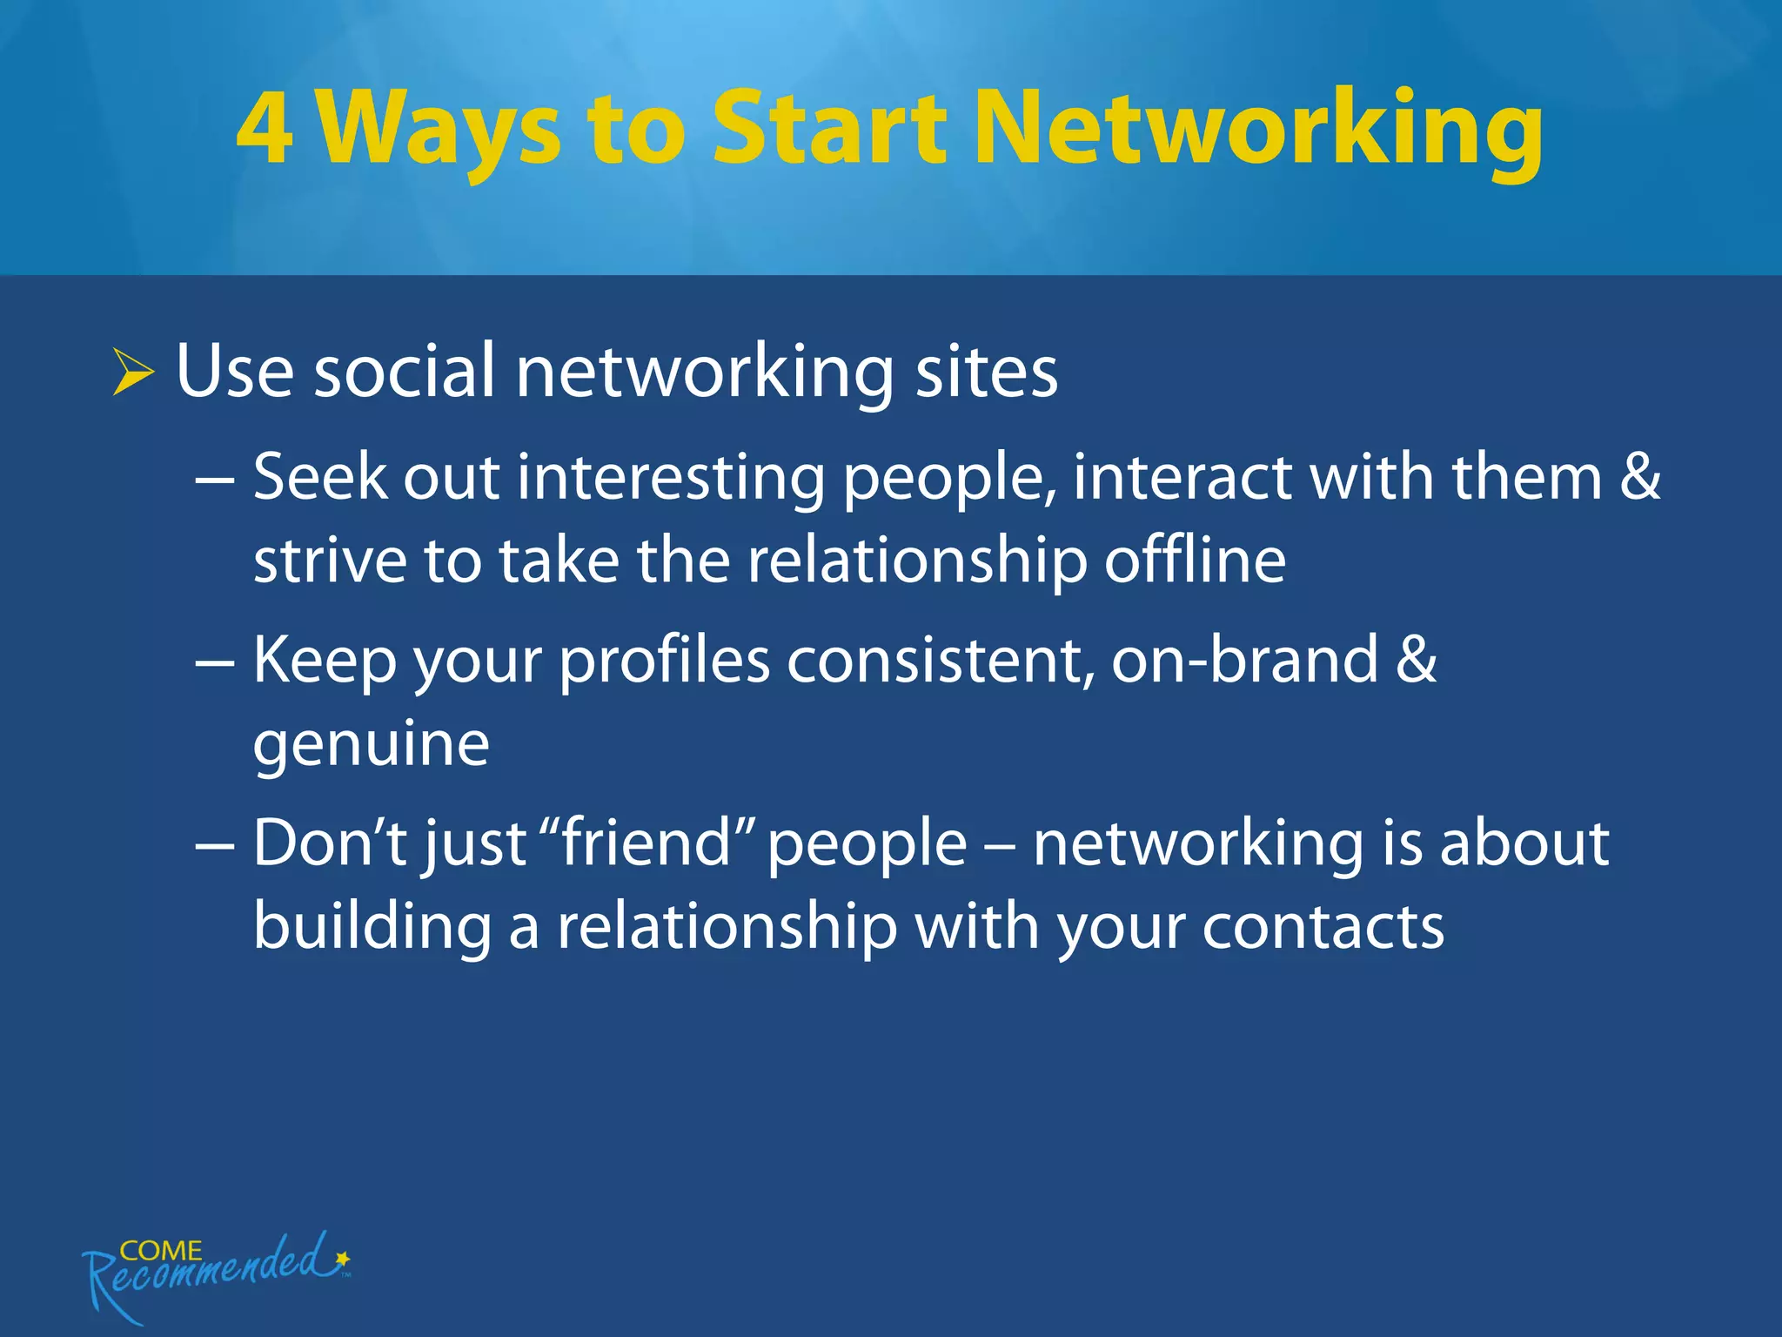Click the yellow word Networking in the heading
pyautogui.click(x=1258, y=131)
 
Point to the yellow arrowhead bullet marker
pyautogui.click(x=132, y=372)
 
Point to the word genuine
pyautogui.click(x=372, y=747)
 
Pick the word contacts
pyautogui.click(x=1323, y=927)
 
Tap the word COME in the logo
pyautogui.click(x=160, y=1250)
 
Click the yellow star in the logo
pyautogui.click(x=343, y=1259)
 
